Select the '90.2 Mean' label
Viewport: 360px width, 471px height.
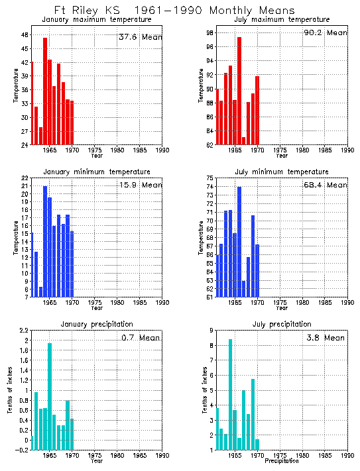point(324,33)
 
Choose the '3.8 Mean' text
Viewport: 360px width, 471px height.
point(324,338)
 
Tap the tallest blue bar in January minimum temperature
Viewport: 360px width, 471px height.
point(45,241)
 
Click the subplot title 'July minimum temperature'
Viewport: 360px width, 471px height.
point(281,172)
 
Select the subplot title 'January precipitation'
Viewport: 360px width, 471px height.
point(97,324)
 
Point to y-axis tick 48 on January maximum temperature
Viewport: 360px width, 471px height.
point(24,34)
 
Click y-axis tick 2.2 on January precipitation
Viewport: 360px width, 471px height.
point(23,331)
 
